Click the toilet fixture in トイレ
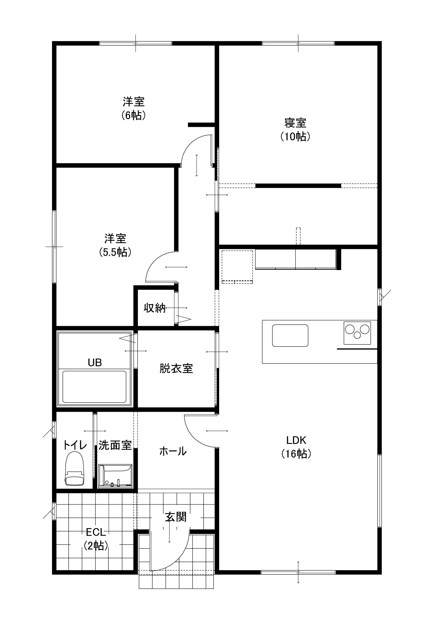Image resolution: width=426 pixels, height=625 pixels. pyautogui.click(x=74, y=468)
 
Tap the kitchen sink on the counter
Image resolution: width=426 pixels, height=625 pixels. pyautogui.click(x=290, y=335)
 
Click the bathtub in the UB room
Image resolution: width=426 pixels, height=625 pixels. pyautogui.click(x=94, y=387)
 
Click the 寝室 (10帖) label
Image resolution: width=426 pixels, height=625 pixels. pyautogui.click(x=295, y=130)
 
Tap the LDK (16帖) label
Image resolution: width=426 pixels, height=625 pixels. pyautogui.click(x=296, y=447)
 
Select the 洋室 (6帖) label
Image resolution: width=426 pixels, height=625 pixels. pyautogui.click(x=134, y=109)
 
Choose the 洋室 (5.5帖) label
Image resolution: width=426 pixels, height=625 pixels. pyautogui.click(x=115, y=245)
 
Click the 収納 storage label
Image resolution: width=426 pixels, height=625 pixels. pyautogui.click(x=155, y=308)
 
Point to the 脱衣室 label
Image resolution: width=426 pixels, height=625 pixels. pyautogui.click(x=176, y=368)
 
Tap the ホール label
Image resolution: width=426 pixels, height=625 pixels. pyautogui.click(x=173, y=451)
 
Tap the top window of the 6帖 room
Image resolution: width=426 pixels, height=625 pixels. pyautogui.click(x=136, y=43)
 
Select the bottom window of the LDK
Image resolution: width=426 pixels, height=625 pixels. pyautogui.click(x=298, y=572)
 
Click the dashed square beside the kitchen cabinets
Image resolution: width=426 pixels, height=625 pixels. pyautogui.click(x=237, y=267)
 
